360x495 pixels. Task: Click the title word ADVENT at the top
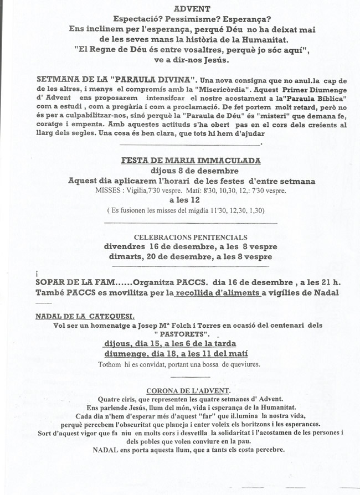[192, 9]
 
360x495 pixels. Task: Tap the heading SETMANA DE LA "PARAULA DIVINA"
[115, 79]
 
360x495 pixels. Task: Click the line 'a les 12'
[185, 200]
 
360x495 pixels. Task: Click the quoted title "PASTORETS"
[181, 334]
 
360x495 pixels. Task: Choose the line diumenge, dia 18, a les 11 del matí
[176, 354]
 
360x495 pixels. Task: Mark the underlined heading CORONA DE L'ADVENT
[189, 390]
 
